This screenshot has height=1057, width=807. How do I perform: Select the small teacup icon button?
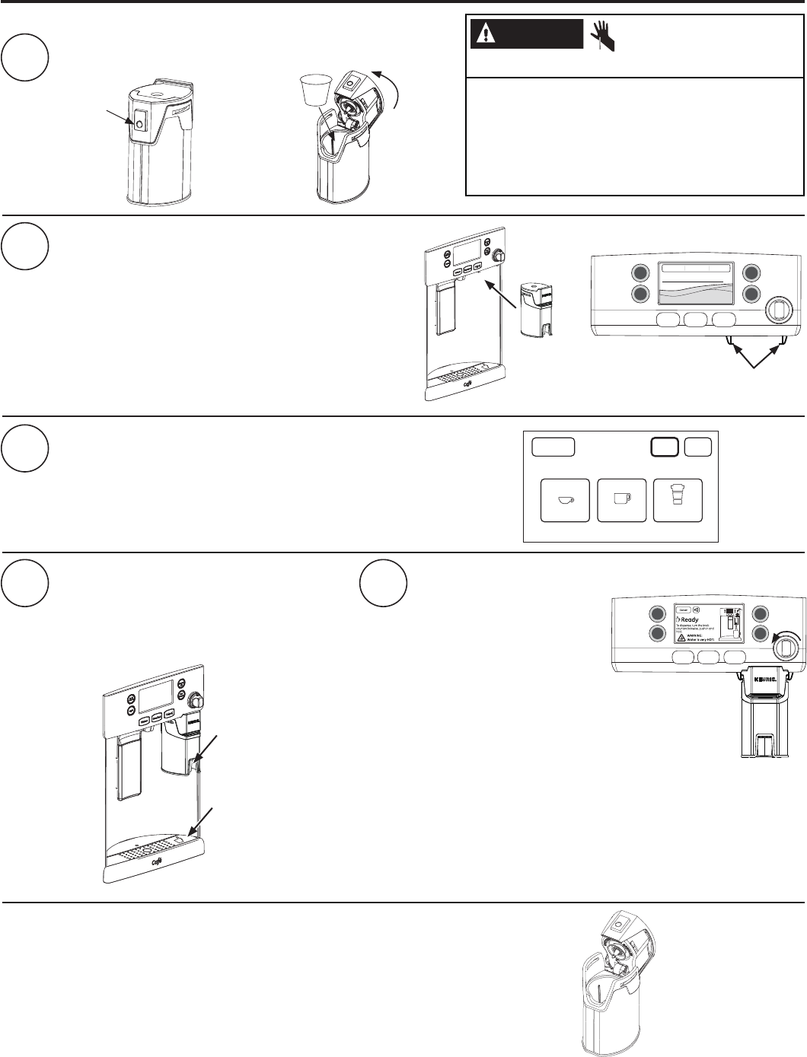[x=565, y=500]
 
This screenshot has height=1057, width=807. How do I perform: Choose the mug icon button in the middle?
[x=622, y=500]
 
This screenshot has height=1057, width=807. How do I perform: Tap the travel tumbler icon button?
[x=678, y=498]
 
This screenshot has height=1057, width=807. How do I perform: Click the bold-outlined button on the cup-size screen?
[x=665, y=447]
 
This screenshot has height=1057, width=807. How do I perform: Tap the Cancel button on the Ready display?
[x=684, y=610]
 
